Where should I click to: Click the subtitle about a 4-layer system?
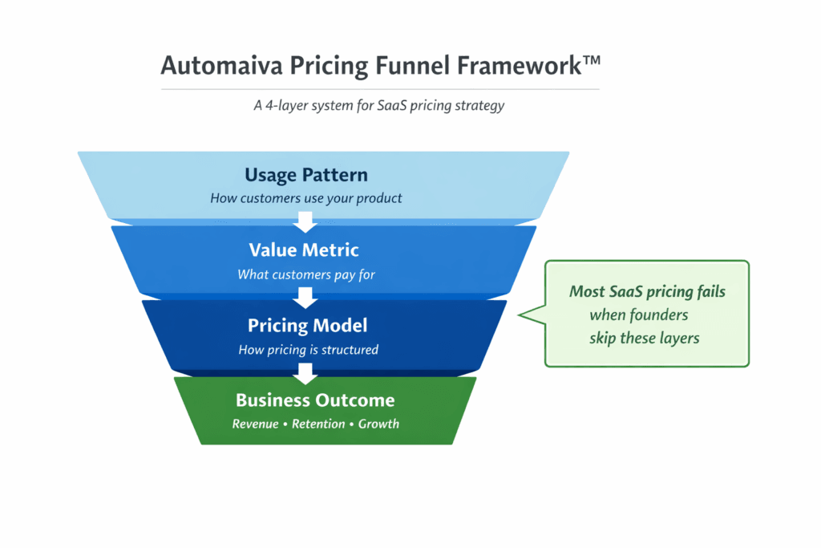pos(379,105)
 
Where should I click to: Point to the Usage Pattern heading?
pos(305,176)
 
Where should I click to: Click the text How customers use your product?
pos(305,198)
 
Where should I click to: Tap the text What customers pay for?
pos(306,274)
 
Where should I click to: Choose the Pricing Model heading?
pos(307,325)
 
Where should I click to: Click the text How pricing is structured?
pos(308,350)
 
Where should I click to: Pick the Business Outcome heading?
pos(315,400)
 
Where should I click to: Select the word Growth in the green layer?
pos(378,424)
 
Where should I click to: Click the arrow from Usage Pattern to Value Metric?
pos(305,221)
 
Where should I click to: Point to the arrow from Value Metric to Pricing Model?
pos(305,297)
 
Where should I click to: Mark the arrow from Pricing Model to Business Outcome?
pos(305,372)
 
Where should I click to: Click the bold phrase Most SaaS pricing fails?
pos(647,291)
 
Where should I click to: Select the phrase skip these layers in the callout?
pos(645,338)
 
